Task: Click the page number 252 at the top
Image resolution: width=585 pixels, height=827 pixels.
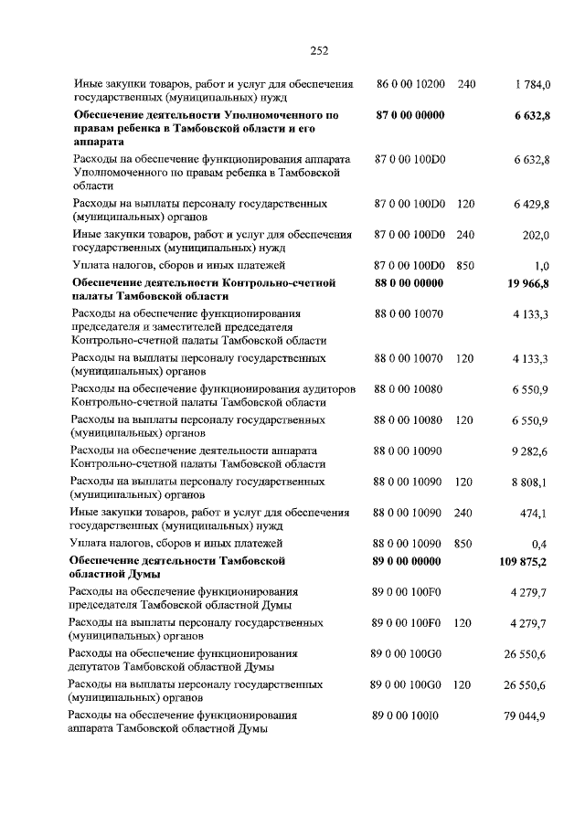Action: (x=318, y=50)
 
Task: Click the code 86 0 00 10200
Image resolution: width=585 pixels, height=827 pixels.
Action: (x=410, y=84)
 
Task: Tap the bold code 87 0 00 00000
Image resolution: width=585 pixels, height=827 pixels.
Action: (x=409, y=115)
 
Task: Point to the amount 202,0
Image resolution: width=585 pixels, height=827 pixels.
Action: (x=535, y=235)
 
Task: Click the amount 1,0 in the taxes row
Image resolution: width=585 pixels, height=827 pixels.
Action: (x=541, y=266)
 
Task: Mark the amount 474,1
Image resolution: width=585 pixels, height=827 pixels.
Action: (x=534, y=513)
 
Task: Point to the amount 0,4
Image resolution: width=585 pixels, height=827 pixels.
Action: (x=540, y=544)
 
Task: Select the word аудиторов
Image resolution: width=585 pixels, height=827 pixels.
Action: (x=321, y=389)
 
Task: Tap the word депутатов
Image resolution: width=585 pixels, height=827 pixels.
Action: (x=97, y=667)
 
